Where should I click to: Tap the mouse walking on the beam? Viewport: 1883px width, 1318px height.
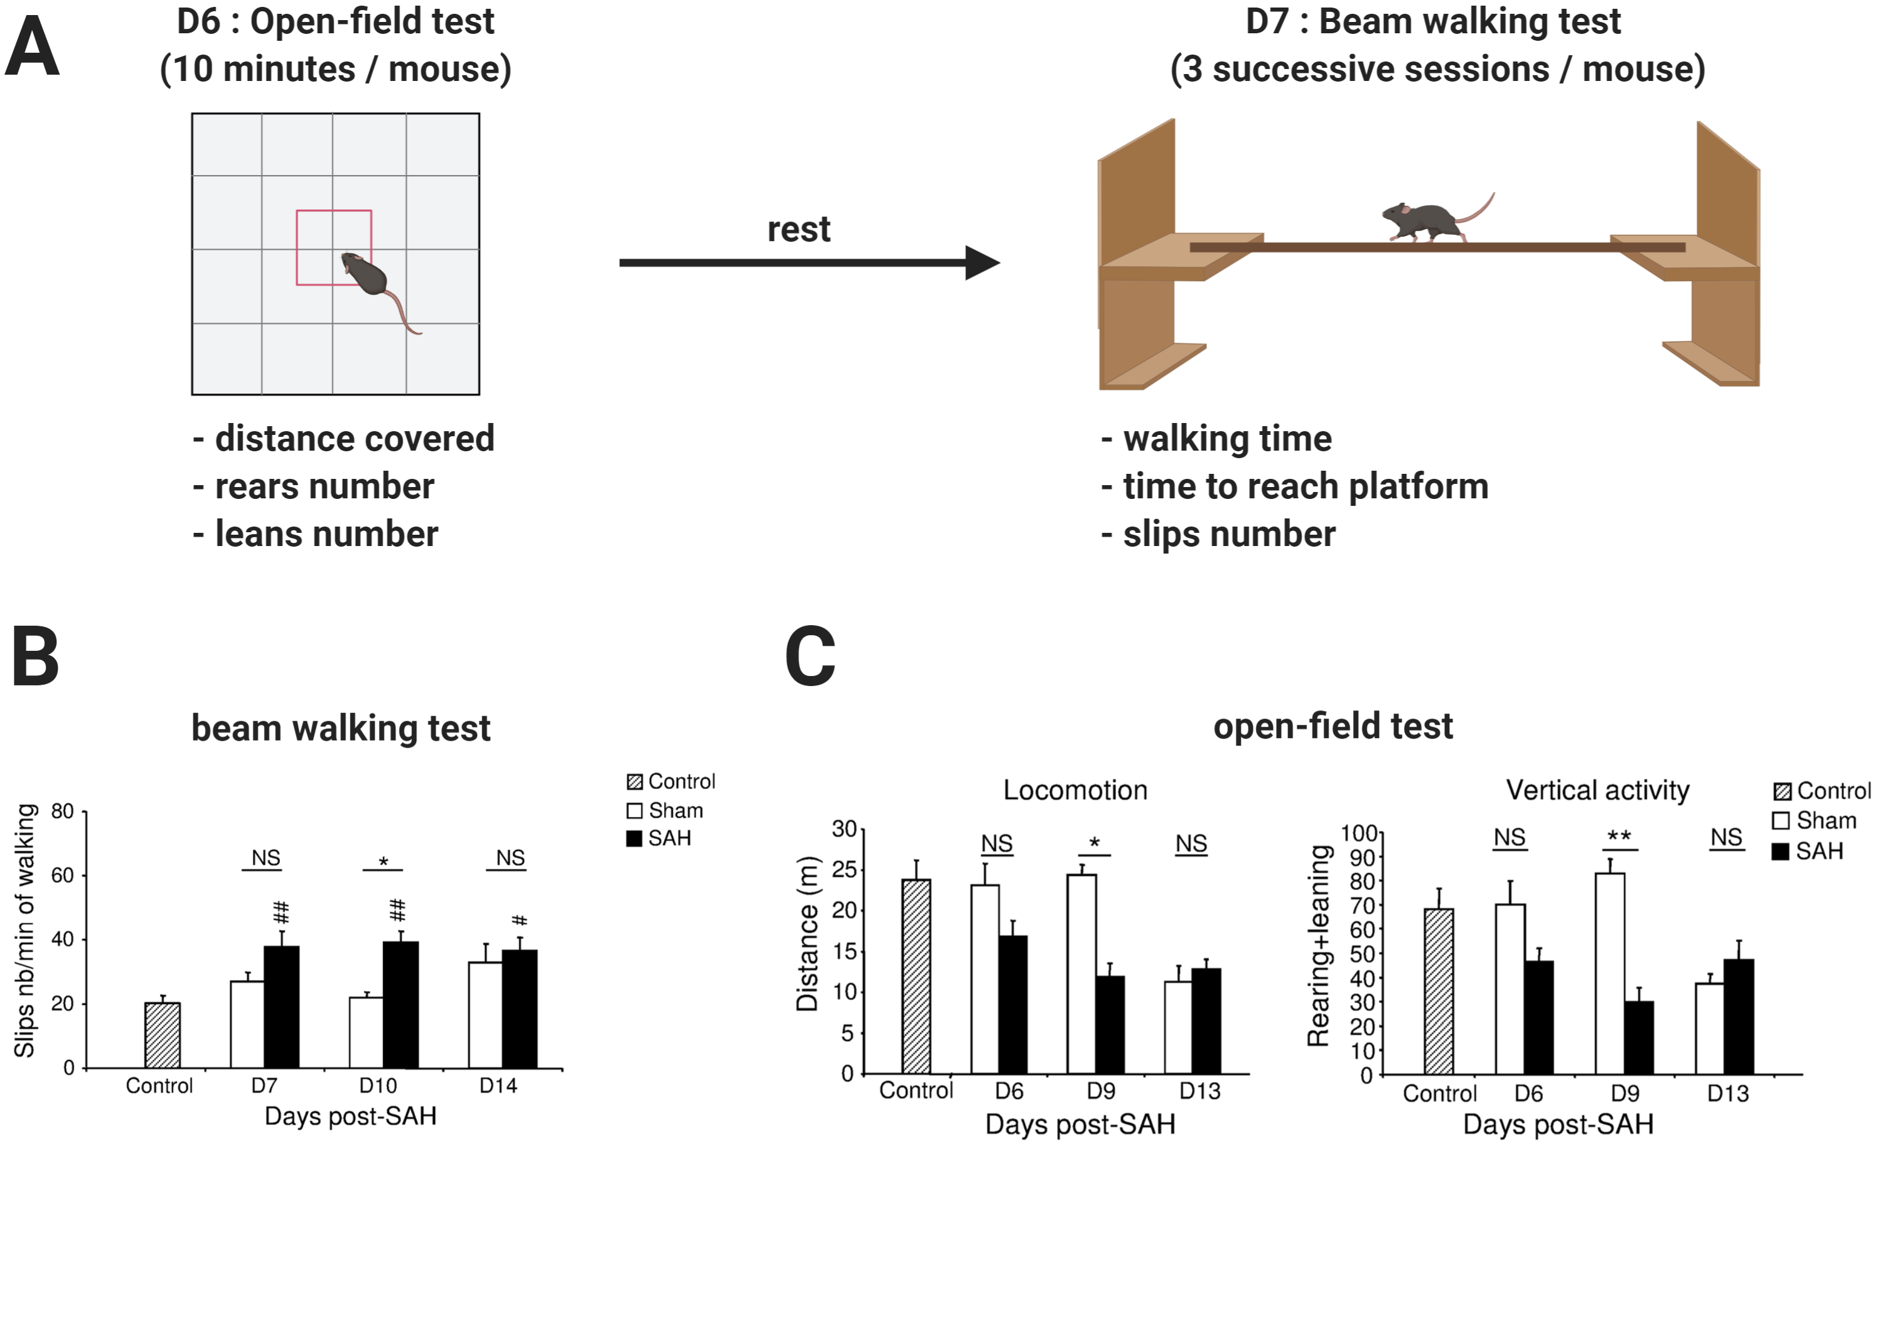pos(1427,220)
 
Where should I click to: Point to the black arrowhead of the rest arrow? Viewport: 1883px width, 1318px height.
pos(982,262)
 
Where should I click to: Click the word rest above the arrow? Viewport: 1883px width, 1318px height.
pos(798,230)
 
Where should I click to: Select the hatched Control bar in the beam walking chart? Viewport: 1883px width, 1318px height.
pos(163,1035)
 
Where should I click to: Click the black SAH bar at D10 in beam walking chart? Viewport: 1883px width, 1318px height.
pos(400,1005)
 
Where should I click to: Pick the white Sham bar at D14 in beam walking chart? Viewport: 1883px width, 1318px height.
pos(485,1014)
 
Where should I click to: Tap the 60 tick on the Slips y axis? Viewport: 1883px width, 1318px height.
pos(62,875)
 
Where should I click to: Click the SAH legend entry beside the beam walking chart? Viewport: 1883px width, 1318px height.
pos(660,838)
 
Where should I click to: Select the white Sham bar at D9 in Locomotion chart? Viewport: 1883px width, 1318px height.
pos(1081,973)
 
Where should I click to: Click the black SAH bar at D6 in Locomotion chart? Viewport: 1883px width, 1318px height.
pos(1013,1004)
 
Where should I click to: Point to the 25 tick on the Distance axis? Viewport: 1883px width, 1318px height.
pos(844,869)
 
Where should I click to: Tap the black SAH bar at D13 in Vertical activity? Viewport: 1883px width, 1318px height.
pos(1739,1016)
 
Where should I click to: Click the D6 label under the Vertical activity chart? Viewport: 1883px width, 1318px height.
pos(1528,1093)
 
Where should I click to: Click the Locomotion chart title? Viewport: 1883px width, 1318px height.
pos(1075,790)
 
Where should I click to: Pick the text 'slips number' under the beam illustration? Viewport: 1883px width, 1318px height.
pos(1228,534)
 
